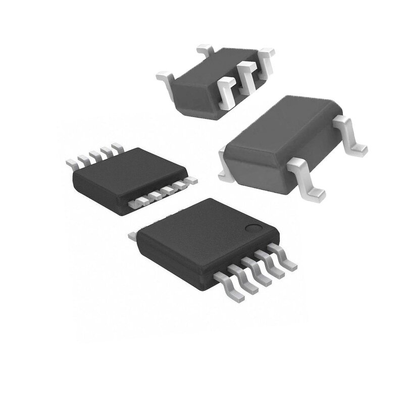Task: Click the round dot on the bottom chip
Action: click(x=251, y=228)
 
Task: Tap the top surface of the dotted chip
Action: click(x=202, y=237)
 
